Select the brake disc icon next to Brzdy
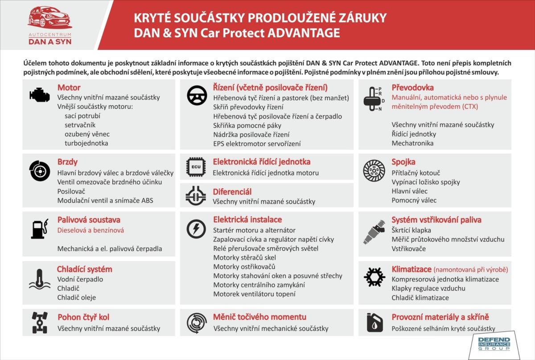click(40, 170)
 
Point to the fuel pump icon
click(39, 229)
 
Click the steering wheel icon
click(197, 95)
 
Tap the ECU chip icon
click(197, 166)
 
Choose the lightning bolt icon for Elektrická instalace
click(197, 229)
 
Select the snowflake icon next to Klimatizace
click(374, 277)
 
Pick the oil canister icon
click(374, 322)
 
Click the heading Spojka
click(403, 161)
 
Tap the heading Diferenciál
click(232, 191)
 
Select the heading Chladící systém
click(85, 269)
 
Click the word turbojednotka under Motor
click(86, 143)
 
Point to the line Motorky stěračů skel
click(244, 257)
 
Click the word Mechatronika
click(412, 143)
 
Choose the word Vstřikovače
click(409, 248)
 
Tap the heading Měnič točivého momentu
click(259, 317)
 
